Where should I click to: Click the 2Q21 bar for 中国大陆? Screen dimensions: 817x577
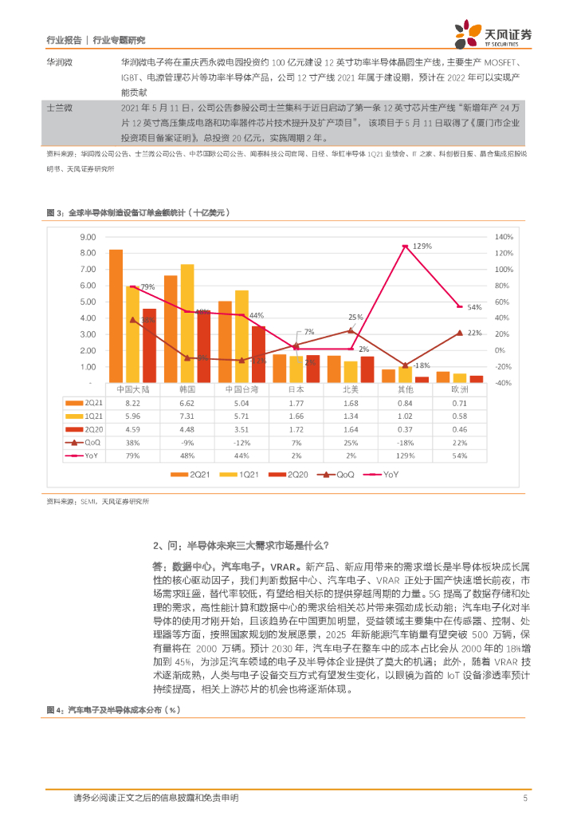pyautogui.click(x=116, y=316)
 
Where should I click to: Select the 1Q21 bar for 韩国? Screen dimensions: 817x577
pyautogui.click(x=187, y=323)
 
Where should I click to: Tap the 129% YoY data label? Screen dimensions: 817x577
pyautogui.click(x=422, y=245)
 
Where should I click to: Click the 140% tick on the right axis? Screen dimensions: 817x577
pyautogui.click(x=505, y=237)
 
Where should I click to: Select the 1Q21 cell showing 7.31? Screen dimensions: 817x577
pyautogui.click(x=186, y=416)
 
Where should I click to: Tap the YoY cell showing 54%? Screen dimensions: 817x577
pyautogui.click(x=460, y=455)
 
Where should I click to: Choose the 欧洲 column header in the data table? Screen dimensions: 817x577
pyautogui.click(x=460, y=391)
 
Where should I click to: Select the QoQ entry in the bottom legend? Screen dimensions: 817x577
pyautogui.click(x=339, y=475)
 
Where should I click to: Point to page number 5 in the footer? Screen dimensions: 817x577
pyautogui.click(x=525, y=798)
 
